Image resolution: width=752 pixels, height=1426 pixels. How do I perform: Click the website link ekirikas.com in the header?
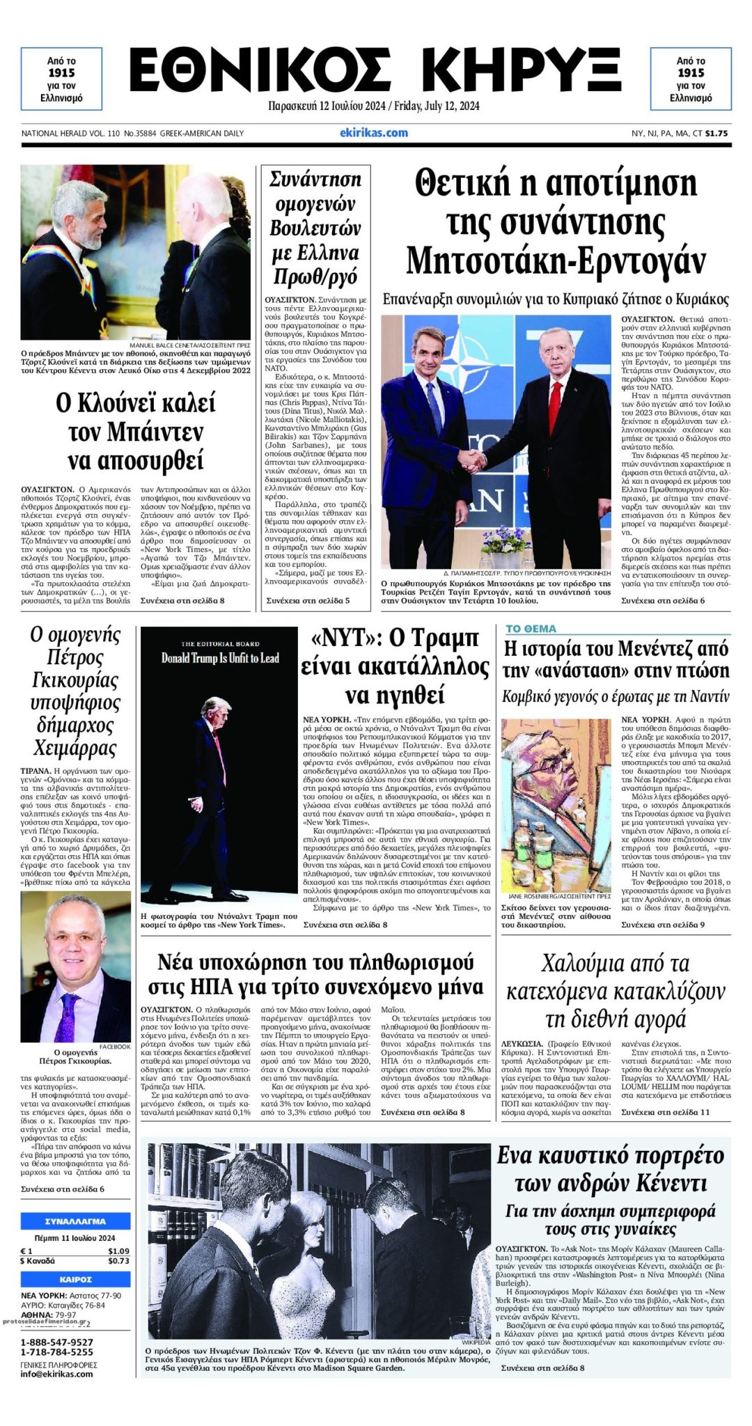click(374, 132)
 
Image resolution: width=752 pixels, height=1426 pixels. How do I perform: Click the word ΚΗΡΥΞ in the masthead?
click(521, 71)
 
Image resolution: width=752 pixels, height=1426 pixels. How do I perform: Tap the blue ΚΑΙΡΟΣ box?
click(75, 1279)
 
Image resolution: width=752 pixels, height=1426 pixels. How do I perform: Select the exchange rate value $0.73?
click(118, 1260)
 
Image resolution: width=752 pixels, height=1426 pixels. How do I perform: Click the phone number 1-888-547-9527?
click(57, 1342)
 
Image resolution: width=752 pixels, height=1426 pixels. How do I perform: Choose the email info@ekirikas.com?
click(57, 1374)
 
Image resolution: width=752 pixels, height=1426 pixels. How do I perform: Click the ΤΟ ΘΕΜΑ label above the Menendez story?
click(531, 629)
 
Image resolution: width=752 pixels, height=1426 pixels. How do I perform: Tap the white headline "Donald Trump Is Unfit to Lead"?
click(220, 658)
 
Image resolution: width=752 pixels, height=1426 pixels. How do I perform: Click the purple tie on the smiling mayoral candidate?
click(68, 1016)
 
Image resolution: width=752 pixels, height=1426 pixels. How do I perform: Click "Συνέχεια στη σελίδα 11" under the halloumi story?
click(666, 1112)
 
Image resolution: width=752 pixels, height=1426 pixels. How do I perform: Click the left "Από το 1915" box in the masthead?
click(61, 79)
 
